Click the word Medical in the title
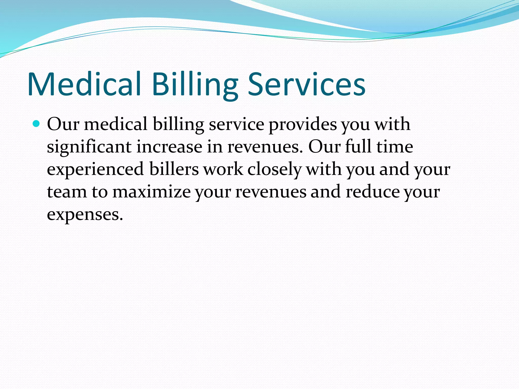[x=84, y=84]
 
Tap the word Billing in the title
[x=195, y=84]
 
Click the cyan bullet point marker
[x=36, y=124]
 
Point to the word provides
[x=303, y=125]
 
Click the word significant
[x=89, y=147]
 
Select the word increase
[x=169, y=147]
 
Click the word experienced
[x=96, y=169]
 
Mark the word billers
[x=174, y=169]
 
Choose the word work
[x=223, y=169]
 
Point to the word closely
[x=274, y=169]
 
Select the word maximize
[x=151, y=192]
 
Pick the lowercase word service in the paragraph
[x=236, y=125]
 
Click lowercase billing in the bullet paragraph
[x=178, y=125]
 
